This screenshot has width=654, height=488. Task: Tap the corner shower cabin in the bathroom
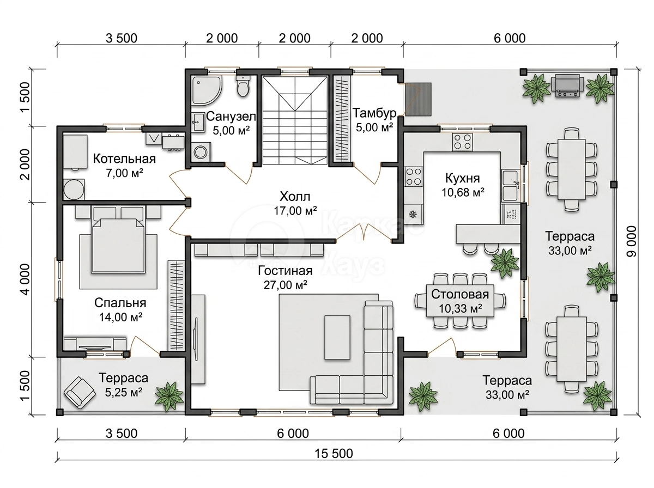(206, 90)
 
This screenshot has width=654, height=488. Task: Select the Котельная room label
(124, 158)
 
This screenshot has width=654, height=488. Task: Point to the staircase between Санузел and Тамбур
(295, 120)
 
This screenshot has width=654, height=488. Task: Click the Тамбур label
(374, 113)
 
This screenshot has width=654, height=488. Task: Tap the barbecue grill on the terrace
(567, 87)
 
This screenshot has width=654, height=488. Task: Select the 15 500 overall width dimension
(334, 454)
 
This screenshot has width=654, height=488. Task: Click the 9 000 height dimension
(631, 241)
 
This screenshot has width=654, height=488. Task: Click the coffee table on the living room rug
(337, 338)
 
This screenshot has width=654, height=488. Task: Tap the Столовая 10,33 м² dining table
(460, 301)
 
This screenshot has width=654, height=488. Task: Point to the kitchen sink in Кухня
(510, 185)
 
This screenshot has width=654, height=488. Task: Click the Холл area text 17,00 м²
(295, 211)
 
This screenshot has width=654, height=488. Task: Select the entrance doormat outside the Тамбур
(417, 99)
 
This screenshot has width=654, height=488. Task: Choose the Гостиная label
(285, 271)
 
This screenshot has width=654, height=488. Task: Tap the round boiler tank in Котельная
(74, 190)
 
